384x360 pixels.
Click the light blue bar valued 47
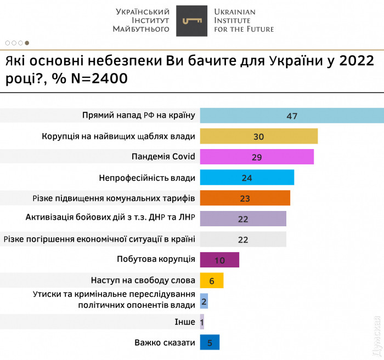291,116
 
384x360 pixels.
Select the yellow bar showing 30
259,136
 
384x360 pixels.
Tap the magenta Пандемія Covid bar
257,157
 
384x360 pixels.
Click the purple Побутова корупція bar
219,260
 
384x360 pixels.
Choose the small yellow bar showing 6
212,280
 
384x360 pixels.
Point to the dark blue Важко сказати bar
210,342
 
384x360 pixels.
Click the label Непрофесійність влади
146,178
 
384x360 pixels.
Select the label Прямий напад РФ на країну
138,115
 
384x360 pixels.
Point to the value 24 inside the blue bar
247,178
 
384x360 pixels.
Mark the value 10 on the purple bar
219,260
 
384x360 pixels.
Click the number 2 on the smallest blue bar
204,301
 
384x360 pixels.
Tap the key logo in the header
191,21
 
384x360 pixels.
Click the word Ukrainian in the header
235,12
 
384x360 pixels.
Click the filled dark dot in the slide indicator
27,42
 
